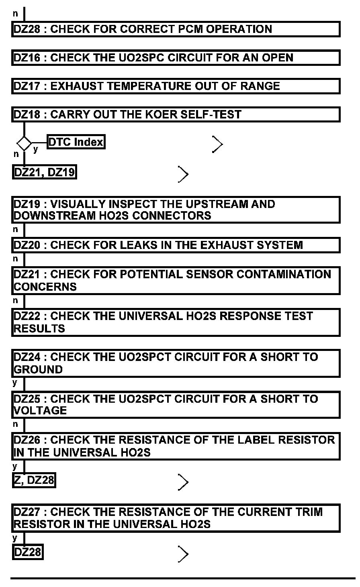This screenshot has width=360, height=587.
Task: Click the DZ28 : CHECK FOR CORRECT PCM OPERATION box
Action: (176, 29)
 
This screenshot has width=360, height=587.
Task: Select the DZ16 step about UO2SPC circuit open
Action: (176, 58)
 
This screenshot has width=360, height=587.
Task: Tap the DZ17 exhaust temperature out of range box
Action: (176, 86)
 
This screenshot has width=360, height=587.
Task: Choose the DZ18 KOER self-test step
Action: (176, 114)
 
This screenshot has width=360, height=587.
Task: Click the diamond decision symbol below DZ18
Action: (24, 143)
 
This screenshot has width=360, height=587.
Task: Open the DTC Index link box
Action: (76, 142)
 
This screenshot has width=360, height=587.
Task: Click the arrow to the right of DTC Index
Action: (217, 144)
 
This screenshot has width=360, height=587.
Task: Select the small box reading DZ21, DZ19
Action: (44, 172)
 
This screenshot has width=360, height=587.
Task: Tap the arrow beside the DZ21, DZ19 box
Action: (183, 174)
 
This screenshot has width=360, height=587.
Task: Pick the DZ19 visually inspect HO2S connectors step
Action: (176, 210)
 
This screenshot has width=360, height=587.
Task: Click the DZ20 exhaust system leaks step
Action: (176, 245)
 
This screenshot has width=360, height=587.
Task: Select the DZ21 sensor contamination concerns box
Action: (176, 280)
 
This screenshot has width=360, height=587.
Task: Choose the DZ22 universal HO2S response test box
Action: (176, 322)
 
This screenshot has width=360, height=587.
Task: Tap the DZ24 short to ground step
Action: (176, 363)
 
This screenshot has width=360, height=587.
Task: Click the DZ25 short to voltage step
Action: (176, 404)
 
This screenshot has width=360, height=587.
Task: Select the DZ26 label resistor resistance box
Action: (176, 446)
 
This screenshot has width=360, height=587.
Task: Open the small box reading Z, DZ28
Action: (34, 480)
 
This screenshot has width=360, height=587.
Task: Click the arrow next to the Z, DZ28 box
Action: (183, 482)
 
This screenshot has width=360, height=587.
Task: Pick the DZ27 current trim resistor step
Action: (176, 518)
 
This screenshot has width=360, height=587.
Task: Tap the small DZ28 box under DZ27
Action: (27, 552)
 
